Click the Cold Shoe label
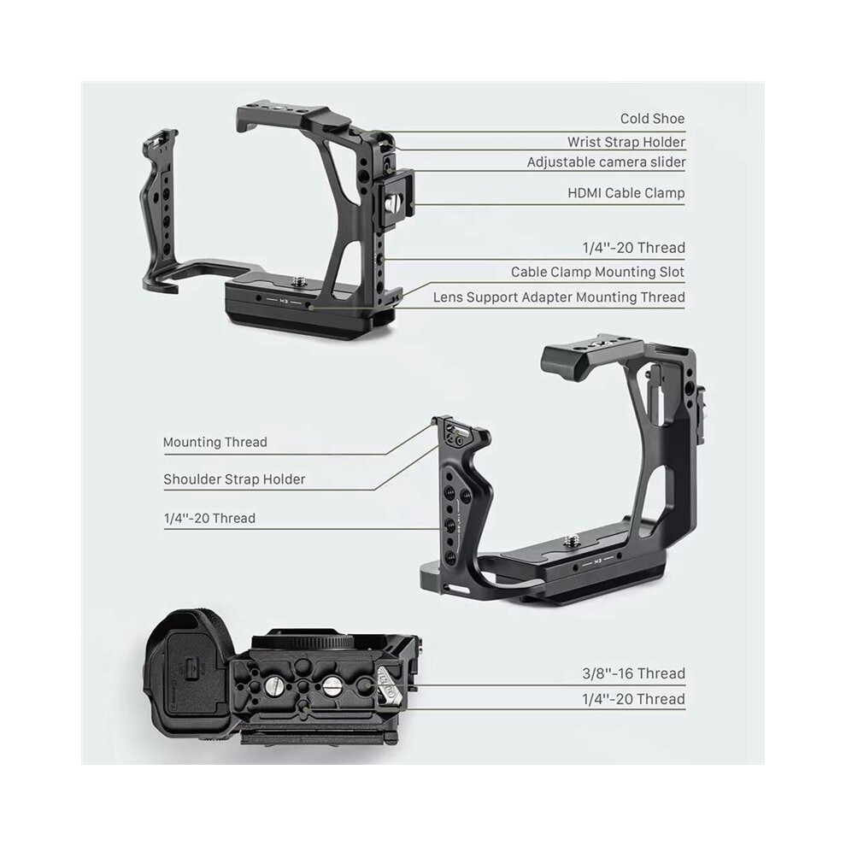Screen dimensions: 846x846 pyautogui.click(x=652, y=118)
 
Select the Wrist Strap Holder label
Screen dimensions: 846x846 pyautogui.click(x=626, y=142)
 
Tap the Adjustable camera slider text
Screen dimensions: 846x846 pyautogui.click(x=607, y=162)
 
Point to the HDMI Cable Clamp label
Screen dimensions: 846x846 pyautogui.click(x=626, y=192)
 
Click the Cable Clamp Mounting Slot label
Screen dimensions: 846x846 pyautogui.click(x=598, y=272)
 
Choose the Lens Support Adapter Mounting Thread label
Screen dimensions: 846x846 pyautogui.click(x=559, y=297)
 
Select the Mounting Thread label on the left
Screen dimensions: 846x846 pyautogui.click(x=215, y=443)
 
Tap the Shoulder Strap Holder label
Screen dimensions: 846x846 pyautogui.click(x=234, y=479)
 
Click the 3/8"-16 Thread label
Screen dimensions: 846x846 pyautogui.click(x=634, y=673)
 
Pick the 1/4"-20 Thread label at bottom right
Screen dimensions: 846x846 pyautogui.click(x=634, y=699)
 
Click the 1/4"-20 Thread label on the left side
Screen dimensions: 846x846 pyautogui.click(x=209, y=518)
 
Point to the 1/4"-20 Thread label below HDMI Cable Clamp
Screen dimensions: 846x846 pyautogui.click(x=634, y=248)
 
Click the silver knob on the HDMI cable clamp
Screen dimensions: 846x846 pyautogui.click(x=393, y=203)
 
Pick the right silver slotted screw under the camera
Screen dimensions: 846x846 pyautogui.click(x=332, y=685)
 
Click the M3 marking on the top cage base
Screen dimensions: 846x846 pyautogui.click(x=284, y=301)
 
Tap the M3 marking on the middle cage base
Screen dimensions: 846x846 pyautogui.click(x=597, y=562)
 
